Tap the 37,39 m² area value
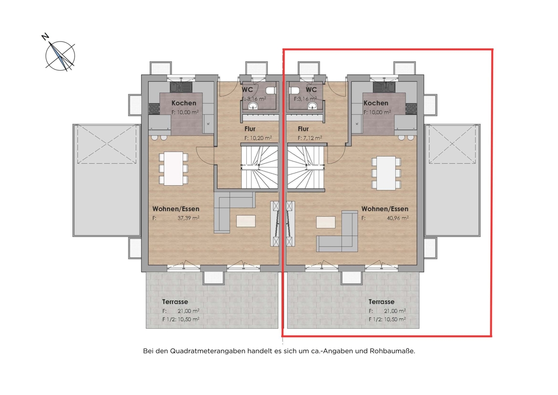click(x=188, y=218)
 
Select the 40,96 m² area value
click(x=398, y=218)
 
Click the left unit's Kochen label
click(x=184, y=103)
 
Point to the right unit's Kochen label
click(x=376, y=103)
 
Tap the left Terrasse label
click(x=175, y=302)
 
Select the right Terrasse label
click(x=381, y=302)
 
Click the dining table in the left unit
click(x=173, y=168)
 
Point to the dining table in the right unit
click(x=386, y=173)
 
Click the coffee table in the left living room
click(x=246, y=221)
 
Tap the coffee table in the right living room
click(x=326, y=222)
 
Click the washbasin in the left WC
click(x=254, y=106)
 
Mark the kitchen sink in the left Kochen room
click(x=181, y=86)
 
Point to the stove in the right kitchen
click(x=411, y=108)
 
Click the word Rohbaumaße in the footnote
click(x=393, y=351)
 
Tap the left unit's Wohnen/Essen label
click(x=176, y=209)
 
